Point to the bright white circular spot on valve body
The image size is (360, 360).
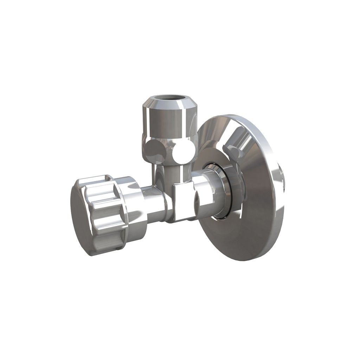pyautogui.click(x=182, y=152)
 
